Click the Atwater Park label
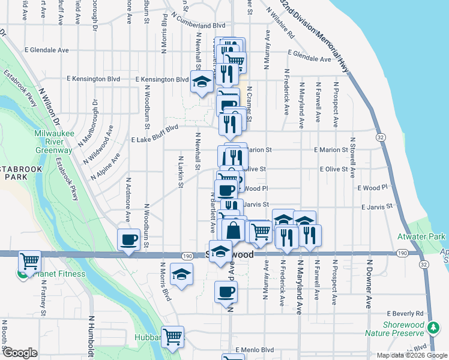tap(421, 236)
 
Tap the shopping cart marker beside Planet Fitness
tap(29, 262)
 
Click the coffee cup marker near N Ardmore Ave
tap(128, 240)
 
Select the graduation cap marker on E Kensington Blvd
tap(202, 82)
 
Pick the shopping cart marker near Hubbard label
tap(173, 337)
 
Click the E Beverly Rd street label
tap(405, 313)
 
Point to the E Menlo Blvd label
tap(255, 349)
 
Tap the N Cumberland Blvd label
tap(198, 26)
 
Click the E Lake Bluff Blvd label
tap(155, 134)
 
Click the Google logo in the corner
tap(20, 353)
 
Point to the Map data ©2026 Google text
tap(412, 355)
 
